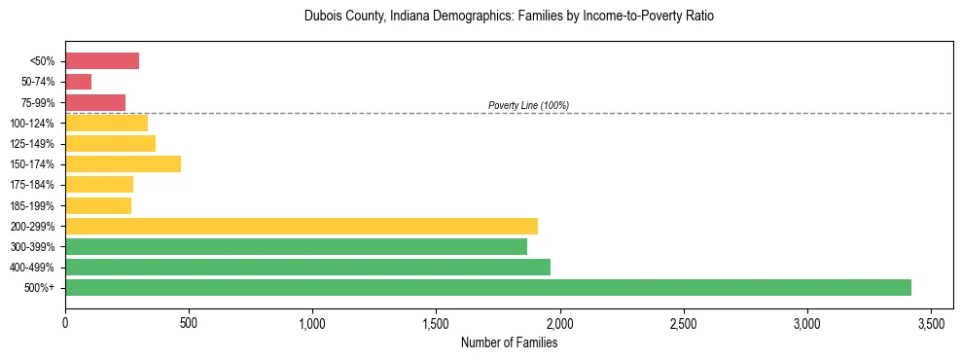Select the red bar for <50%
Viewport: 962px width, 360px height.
pyautogui.click(x=102, y=61)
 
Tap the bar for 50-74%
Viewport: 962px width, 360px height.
pyautogui.click(x=79, y=82)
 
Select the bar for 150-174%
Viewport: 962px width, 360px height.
pyautogui.click(x=123, y=163)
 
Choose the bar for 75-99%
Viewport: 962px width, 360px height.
pyautogui.click(x=95, y=102)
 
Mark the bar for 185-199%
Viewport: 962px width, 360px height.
pyautogui.click(x=98, y=205)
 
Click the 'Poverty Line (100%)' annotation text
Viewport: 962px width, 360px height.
pyautogui.click(x=528, y=105)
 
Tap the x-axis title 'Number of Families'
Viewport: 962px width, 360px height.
pyautogui.click(x=509, y=342)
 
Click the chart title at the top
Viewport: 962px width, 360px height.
pyautogui.click(x=509, y=17)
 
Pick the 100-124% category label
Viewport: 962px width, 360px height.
pyautogui.click(x=32, y=124)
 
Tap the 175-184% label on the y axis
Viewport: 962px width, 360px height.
pyautogui.click(x=32, y=185)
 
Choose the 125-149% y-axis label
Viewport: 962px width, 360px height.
pyautogui.click(x=32, y=144)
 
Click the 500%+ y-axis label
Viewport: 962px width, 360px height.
pyautogui.click(x=39, y=288)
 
